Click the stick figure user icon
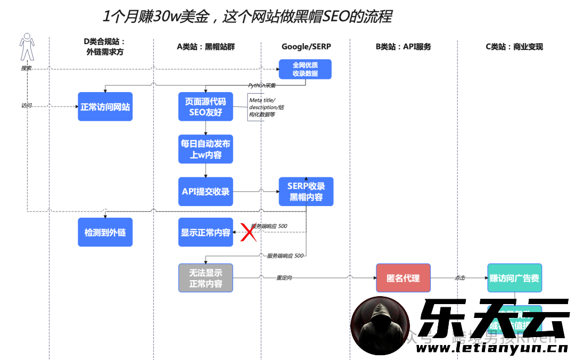click(26, 47)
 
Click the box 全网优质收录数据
click(305, 69)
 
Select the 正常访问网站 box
click(105, 107)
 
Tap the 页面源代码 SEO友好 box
click(206, 107)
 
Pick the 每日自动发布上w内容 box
click(206, 149)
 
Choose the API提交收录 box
click(206, 191)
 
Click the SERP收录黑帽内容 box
click(306, 191)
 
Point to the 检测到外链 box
click(105, 232)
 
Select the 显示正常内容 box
click(206, 232)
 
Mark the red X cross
click(247, 232)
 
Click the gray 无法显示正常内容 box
click(206, 277)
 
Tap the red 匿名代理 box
click(403, 277)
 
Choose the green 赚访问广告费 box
click(514, 277)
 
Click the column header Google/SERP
click(306, 46)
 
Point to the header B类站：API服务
click(403, 46)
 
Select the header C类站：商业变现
click(514, 46)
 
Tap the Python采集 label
click(262, 85)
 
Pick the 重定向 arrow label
click(284, 278)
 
